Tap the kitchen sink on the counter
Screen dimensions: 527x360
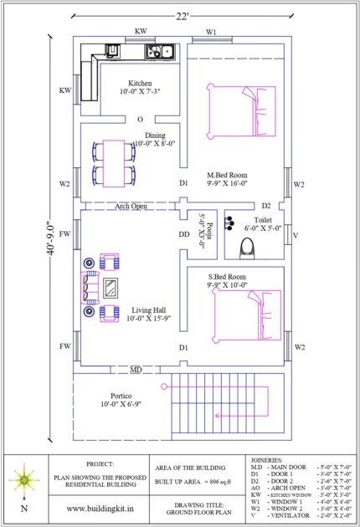point(159,53)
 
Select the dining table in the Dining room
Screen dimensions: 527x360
point(113,163)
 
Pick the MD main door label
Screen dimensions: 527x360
point(135,369)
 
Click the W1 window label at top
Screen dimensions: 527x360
point(212,32)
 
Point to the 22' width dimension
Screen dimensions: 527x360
point(182,14)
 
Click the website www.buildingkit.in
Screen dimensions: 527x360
point(101,507)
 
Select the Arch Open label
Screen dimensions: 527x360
point(131,205)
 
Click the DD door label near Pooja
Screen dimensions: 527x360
point(183,235)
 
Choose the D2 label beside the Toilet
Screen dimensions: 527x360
point(265,205)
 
